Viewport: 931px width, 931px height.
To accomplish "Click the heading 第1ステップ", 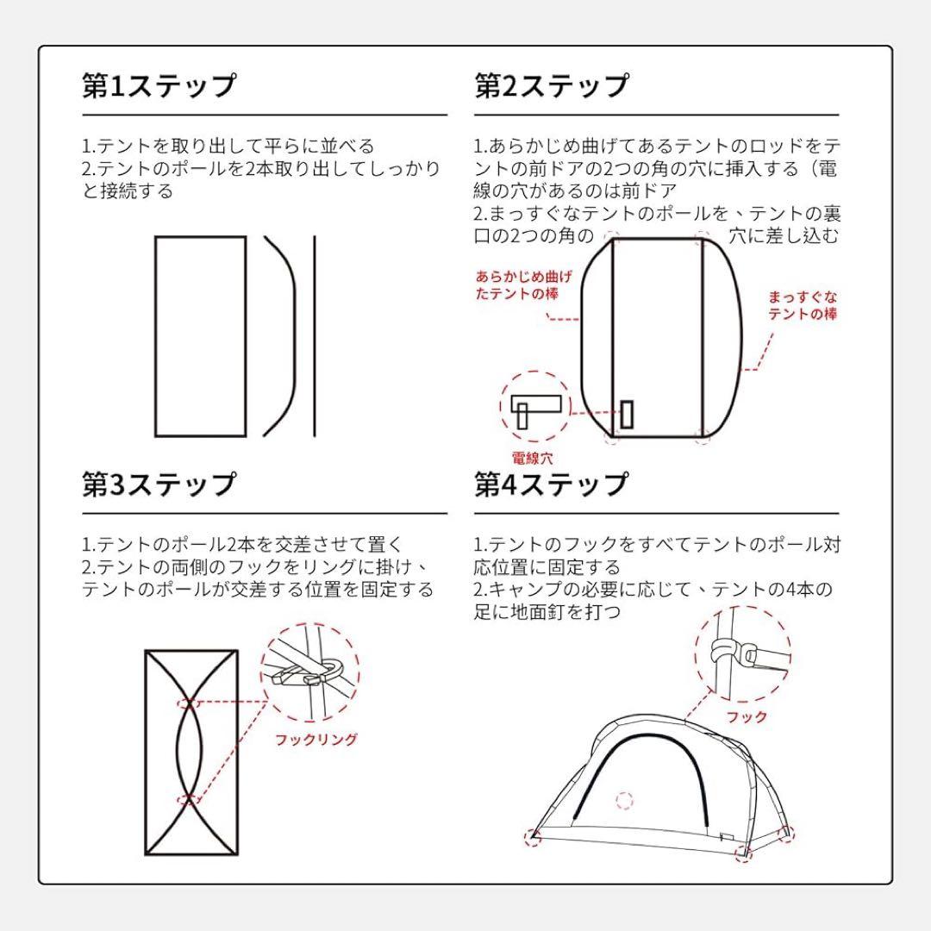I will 159,86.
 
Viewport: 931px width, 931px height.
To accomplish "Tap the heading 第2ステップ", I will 552,86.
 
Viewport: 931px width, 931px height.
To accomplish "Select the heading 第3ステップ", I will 159,484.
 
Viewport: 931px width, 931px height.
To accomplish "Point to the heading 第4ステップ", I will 552,484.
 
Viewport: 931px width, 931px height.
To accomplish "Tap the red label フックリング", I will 316,739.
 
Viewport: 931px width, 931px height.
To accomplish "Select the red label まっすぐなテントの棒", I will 803,306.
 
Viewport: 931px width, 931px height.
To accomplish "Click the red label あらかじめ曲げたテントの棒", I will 523,285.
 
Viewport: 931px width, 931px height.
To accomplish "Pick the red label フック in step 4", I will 746,716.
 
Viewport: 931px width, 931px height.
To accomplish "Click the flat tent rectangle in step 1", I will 200,336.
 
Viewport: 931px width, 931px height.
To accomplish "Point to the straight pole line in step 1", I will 315,336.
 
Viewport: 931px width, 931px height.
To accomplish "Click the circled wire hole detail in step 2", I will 535,407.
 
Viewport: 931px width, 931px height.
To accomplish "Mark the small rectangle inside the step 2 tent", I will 628,413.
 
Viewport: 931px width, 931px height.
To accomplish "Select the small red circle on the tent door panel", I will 625,801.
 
